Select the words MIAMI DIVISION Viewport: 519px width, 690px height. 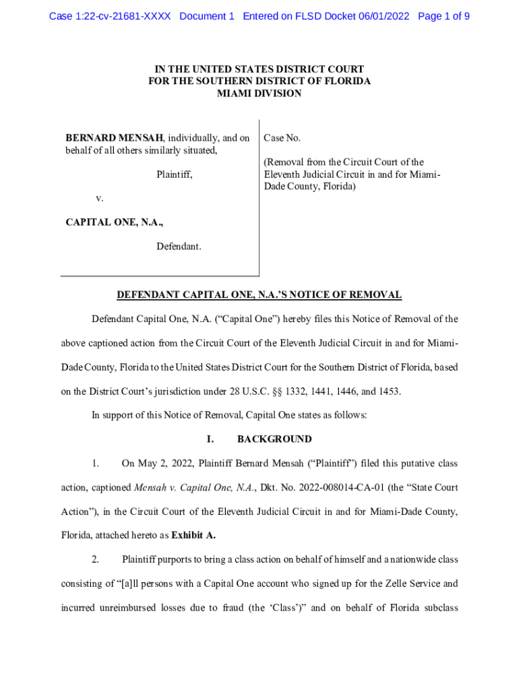coord(259,94)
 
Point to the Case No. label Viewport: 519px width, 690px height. coord(282,138)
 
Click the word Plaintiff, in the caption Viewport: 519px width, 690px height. coord(175,175)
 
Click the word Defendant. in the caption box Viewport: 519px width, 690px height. coord(179,247)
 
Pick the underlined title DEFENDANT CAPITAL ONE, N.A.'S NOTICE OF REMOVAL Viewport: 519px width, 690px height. coord(259,295)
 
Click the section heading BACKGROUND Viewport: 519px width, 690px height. coord(274,439)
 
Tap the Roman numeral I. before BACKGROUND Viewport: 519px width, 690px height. coord(210,439)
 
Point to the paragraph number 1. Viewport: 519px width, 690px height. coord(96,464)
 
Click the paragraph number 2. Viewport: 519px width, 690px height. coord(96,559)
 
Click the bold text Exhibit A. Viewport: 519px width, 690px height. coord(194,536)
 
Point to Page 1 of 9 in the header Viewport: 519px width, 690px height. coord(444,15)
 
